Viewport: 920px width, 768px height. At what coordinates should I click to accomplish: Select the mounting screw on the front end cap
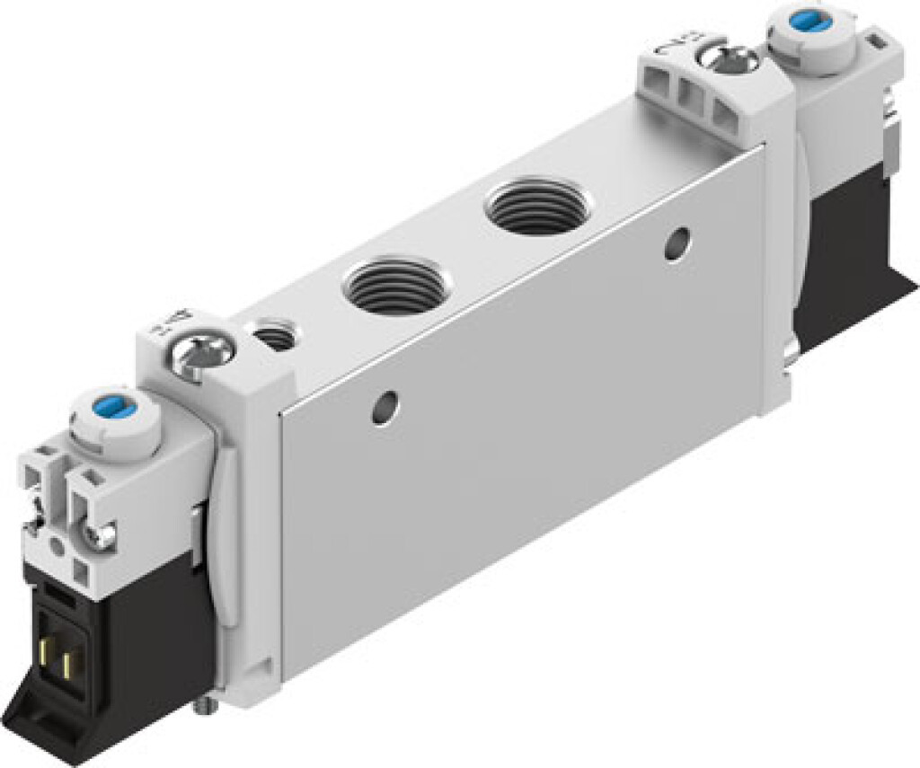(x=203, y=355)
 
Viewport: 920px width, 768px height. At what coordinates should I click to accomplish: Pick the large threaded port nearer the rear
(x=534, y=204)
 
